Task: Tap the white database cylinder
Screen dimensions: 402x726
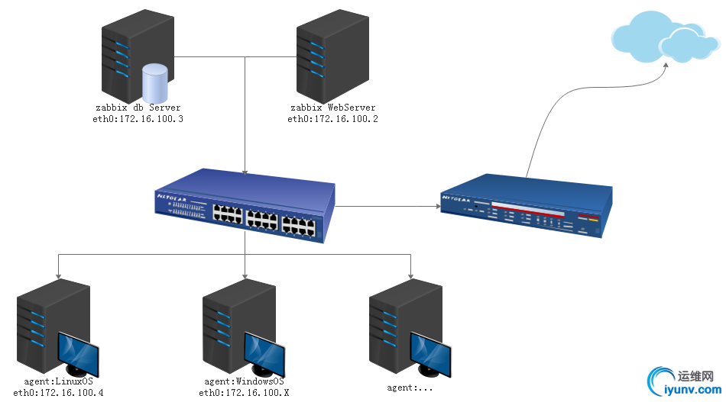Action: [x=154, y=81]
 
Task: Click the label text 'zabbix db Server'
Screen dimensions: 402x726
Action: [x=138, y=108]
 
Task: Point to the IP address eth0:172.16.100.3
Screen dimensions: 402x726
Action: [x=138, y=119]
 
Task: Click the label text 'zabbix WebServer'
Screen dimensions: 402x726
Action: [x=333, y=108]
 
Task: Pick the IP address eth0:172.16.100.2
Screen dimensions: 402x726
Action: [x=333, y=119]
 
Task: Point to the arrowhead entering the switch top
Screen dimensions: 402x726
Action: [x=245, y=171]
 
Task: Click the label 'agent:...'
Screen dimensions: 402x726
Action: [x=411, y=388]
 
